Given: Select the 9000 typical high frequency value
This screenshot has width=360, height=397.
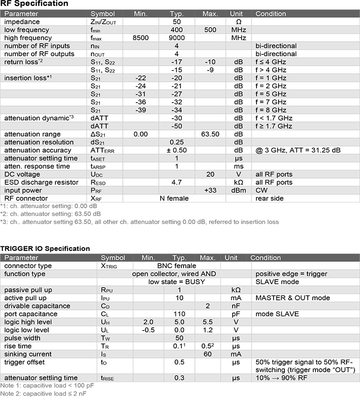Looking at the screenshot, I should click(177, 38).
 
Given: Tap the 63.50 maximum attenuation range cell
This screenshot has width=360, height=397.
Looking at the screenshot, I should click(210, 134).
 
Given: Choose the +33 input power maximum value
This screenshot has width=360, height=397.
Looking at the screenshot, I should click(210, 190).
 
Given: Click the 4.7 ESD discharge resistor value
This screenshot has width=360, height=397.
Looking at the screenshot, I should click(177, 182).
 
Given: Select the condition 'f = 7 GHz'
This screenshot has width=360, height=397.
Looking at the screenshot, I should click(271, 102).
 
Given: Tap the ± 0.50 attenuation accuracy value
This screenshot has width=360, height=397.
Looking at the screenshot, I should click(177, 150).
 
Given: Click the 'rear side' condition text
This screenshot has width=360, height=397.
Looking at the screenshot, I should click(270, 198).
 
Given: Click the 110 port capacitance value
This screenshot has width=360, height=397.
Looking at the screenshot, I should click(180, 314).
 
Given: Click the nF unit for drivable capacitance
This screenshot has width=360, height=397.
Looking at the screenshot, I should click(231, 306).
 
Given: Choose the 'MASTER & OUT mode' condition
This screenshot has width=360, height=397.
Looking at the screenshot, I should click(292, 298).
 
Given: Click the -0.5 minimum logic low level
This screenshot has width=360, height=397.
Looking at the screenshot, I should click(148, 330).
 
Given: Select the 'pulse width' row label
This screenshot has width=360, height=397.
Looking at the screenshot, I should click(21, 338).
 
